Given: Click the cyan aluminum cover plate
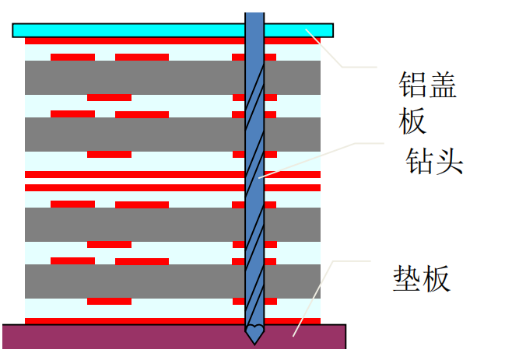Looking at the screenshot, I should (x=124, y=30).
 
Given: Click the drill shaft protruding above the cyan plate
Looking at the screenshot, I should (x=254, y=17).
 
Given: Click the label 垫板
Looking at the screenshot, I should (x=421, y=278).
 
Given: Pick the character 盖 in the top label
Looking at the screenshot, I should (x=441, y=85).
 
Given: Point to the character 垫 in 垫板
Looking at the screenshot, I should (x=406, y=278).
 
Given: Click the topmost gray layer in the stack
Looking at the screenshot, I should (x=132, y=78).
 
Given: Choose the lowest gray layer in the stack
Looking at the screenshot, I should (x=132, y=281).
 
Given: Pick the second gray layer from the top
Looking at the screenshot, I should (x=132, y=134).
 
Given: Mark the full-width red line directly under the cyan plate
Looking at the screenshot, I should (x=132, y=40).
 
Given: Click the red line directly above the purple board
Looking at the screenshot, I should (x=132, y=320).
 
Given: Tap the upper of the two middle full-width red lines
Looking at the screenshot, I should (x=132, y=174).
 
